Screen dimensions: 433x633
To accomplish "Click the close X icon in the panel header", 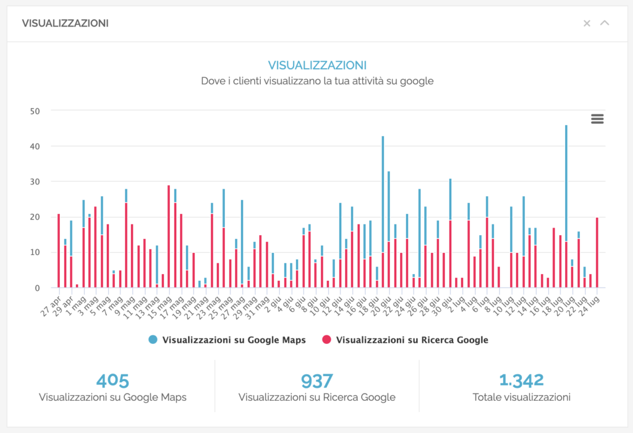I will point(587,24).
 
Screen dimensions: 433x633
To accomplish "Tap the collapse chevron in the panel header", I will point(605,24).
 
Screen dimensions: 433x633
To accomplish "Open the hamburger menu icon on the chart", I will point(597,119).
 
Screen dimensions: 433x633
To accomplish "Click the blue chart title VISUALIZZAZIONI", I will point(316,65).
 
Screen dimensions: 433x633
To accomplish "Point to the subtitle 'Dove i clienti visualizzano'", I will point(316,81).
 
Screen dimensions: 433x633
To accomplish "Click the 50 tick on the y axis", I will point(36,111).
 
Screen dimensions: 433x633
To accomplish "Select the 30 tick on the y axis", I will point(36,182).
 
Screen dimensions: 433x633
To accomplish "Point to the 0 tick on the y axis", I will point(38,288).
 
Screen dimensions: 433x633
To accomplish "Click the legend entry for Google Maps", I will point(226,340).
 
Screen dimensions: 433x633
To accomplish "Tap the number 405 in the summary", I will point(113,380).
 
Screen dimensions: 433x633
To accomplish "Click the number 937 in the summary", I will point(316,380).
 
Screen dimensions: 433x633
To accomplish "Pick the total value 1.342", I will point(521,380).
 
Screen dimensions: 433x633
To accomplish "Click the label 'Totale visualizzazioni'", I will point(521,397).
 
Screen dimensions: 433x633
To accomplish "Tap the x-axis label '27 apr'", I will point(51,304).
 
